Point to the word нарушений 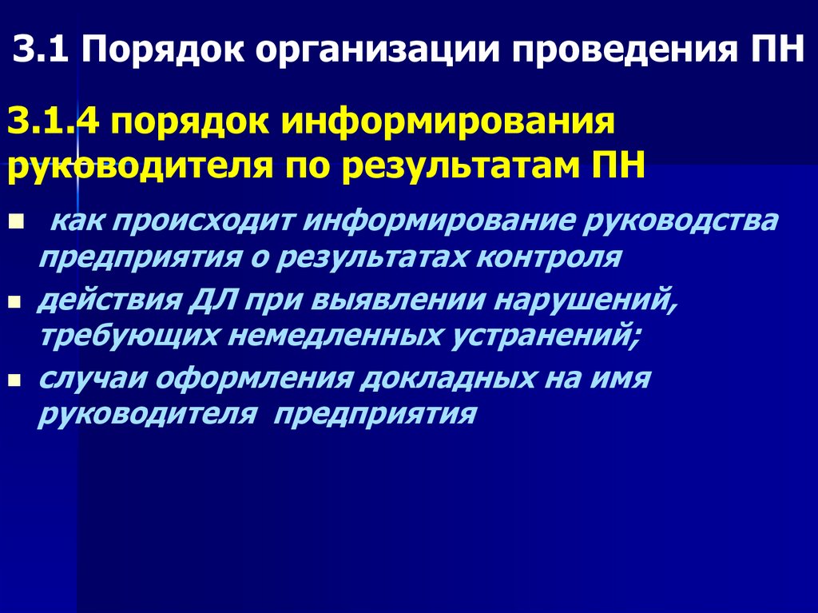tap(593, 301)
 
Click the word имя tap(625, 379)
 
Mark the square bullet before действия tap(15, 305)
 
